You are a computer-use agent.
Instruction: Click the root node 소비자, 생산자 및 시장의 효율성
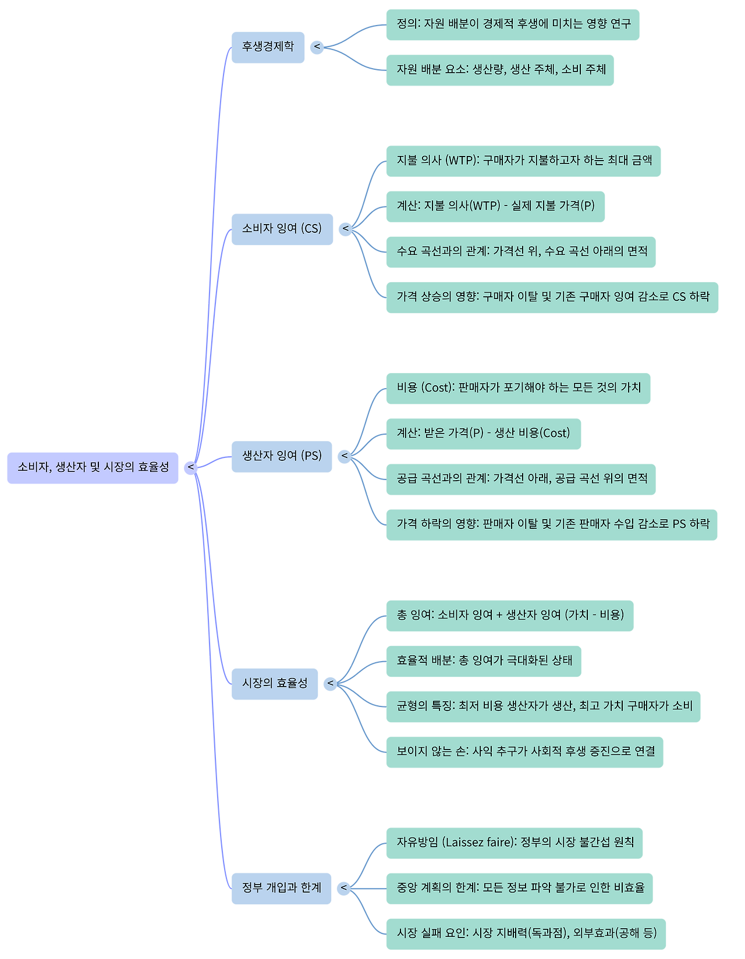[93, 467]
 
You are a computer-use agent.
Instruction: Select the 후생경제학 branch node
[268, 47]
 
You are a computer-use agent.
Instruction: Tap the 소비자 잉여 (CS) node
[282, 229]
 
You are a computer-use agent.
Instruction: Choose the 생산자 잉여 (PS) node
[282, 456]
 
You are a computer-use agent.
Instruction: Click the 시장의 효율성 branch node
[275, 683]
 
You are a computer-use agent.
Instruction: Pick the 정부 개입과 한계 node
[281, 888]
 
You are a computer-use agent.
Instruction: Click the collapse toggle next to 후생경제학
[317, 47]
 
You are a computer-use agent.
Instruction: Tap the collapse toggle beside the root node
[190, 467]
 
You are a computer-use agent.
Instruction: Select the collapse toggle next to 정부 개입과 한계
[344, 888]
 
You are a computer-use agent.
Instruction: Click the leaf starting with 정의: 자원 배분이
[513, 24]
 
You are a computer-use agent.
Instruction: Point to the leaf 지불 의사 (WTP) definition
[523, 161]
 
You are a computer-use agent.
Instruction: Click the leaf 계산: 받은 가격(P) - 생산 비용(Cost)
[483, 434]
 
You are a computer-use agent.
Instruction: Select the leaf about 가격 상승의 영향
[552, 297]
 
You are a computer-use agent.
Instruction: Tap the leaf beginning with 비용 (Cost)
[518, 388]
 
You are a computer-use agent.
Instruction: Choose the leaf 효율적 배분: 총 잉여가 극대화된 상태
[483, 661]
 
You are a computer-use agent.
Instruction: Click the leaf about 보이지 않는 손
[524, 752]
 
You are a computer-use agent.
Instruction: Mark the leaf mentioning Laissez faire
[514, 843]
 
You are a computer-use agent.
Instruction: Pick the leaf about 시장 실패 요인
[526, 933]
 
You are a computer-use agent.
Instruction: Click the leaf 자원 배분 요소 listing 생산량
[500, 70]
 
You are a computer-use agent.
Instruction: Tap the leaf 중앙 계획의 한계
[519, 888]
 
